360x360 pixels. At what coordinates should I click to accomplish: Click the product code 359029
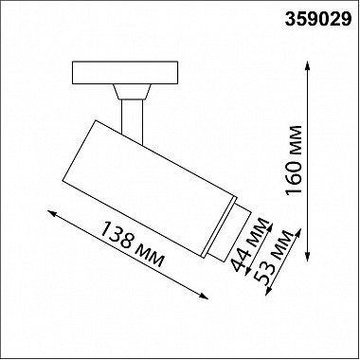pyautogui.click(x=318, y=19)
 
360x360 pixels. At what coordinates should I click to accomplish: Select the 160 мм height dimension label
pyautogui.click(x=294, y=160)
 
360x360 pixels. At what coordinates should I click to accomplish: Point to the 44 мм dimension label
pyautogui.click(x=250, y=244)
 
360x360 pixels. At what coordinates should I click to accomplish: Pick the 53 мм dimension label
pyautogui.click(x=274, y=257)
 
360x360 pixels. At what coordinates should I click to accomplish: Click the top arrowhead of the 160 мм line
pyautogui.click(x=308, y=65)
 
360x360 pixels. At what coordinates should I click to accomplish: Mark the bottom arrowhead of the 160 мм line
pyautogui.click(x=308, y=258)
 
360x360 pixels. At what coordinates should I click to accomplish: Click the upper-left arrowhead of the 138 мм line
pyautogui.click(x=52, y=213)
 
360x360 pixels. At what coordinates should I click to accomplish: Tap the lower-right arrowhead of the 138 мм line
pyautogui.click(x=204, y=296)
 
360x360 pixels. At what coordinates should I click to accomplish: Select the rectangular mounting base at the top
pyautogui.click(x=125, y=73)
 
